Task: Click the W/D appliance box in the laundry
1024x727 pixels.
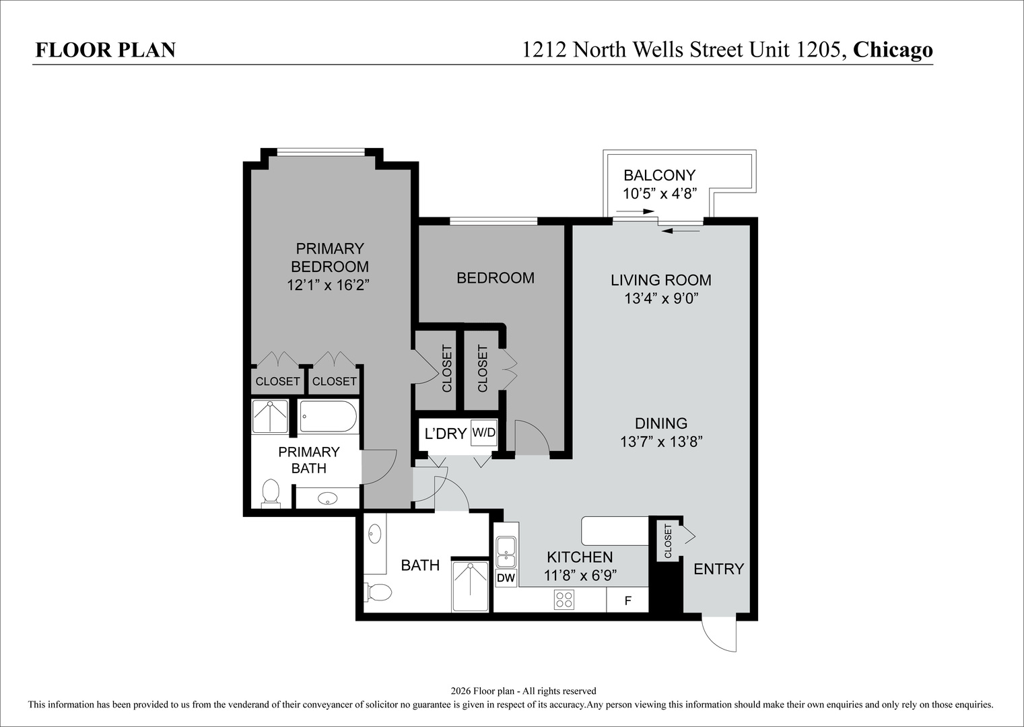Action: tap(483, 432)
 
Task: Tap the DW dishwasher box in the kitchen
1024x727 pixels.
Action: tap(506, 578)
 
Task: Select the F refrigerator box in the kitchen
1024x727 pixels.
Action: tap(627, 600)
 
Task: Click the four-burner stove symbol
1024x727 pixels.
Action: tap(564, 600)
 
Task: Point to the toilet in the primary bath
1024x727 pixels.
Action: tap(271, 493)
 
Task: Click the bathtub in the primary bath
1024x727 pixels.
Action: tap(328, 416)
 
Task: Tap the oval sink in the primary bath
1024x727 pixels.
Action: tap(328, 498)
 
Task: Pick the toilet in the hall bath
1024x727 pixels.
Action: tap(378, 592)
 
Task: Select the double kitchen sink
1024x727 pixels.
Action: tap(506, 552)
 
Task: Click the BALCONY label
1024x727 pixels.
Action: tap(660, 175)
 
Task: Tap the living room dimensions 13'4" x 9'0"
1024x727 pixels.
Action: tap(662, 298)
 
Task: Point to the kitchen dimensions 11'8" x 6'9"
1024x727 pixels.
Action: tap(580, 576)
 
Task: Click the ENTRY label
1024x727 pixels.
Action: tap(718, 569)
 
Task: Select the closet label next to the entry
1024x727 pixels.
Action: tap(667, 541)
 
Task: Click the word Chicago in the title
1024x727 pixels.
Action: tap(893, 50)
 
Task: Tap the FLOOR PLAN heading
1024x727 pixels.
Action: tap(106, 50)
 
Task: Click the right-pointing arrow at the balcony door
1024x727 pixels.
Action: tap(635, 211)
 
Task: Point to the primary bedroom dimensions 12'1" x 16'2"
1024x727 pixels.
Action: tap(328, 285)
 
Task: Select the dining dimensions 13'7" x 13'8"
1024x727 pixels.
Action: tap(661, 442)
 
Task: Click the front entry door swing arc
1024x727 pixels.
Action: tap(712, 639)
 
